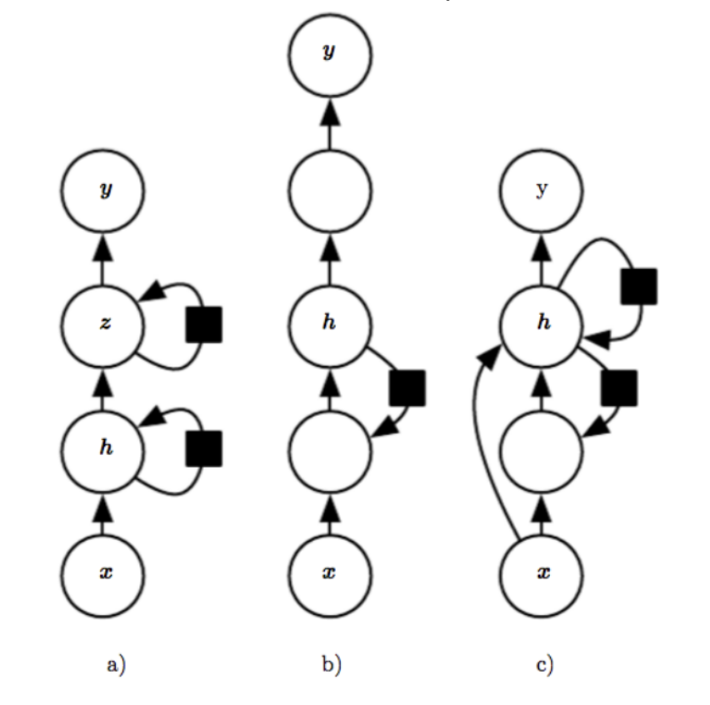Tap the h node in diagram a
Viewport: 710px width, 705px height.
pyautogui.click(x=103, y=450)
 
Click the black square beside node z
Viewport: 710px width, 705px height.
pyautogui.click(x=203, y=324)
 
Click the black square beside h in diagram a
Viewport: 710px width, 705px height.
pyautogui.click(x=203, y=450)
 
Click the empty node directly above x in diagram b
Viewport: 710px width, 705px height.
pyautogui.click(x=330, y=450)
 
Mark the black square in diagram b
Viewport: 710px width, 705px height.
pyautogui.click(x=407, y=387)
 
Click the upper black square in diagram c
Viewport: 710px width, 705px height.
pyautogui.click(x=639, y=286)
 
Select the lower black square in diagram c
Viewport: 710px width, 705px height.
pyautogui.click(x=618, y=387)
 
